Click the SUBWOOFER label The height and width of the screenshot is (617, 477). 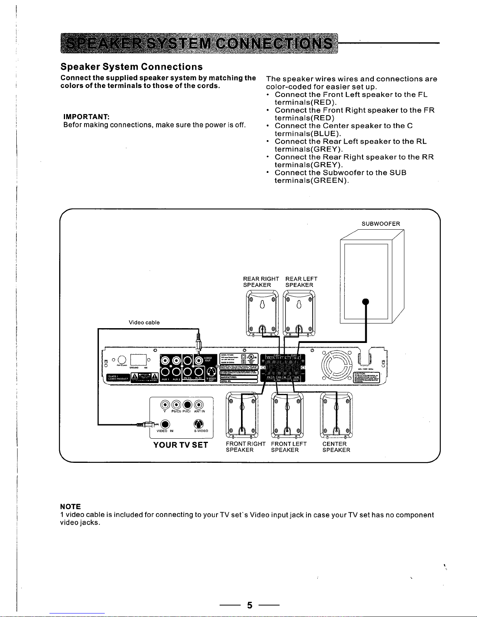(380, 224)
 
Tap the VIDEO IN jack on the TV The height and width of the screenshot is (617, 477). (165, 424)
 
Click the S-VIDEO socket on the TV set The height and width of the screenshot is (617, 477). (199, 424)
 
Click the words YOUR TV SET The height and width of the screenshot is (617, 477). (181, 445)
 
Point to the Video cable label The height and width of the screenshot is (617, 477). (144, 322)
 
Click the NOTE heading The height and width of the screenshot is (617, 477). (70, 506)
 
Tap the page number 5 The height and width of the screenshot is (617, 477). (250, 605)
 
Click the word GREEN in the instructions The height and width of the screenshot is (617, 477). (330, 181)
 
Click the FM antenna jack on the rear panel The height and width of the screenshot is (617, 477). (121, 359)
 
